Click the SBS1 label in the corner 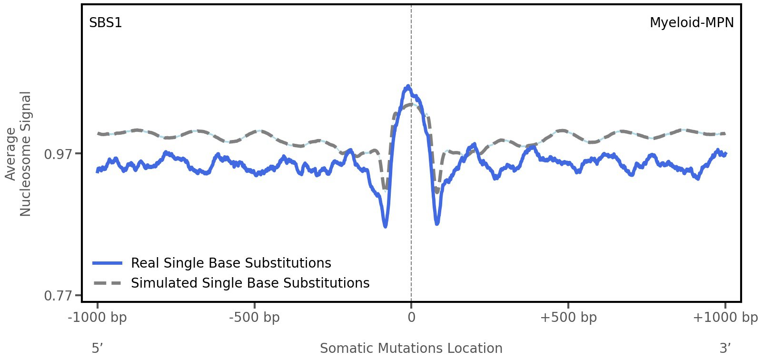coord(106,23)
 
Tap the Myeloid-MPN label coord(691,23)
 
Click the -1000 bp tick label coord(98,318)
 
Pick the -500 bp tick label coord(254,318)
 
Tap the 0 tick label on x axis coord(411,318)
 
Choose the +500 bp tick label coord(568,318)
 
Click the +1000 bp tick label coord(725,318)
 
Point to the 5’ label coord(97,349)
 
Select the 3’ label coord(725,349)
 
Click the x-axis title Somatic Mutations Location coord(411,349)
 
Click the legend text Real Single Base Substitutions coord(231,263)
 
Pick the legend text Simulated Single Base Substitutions coord(250,283)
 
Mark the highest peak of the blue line coord(408,87)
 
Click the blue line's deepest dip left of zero coord(385,226)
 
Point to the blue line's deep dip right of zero coord(437,223)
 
